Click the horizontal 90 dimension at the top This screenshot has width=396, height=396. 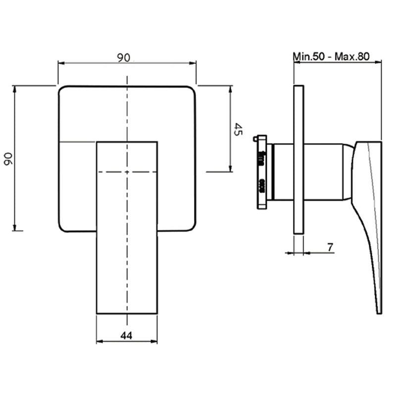click(x=124, y=57)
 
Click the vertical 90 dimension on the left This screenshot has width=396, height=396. click(x=8, y=159)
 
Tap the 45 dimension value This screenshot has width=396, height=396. click(x=237, y=129)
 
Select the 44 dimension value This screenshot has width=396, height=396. click(x=126, y=336)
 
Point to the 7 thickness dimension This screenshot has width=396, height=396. click(x=330, y=247)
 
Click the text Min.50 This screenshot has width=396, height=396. click(x=308, y=56)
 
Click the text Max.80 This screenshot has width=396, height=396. click(x=352, y=56)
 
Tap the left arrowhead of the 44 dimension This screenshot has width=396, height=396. click(x=99, y=342)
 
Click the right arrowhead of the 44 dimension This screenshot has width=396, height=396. click(x=154, y=342)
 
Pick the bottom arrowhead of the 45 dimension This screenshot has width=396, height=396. click(x=230, y=168)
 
